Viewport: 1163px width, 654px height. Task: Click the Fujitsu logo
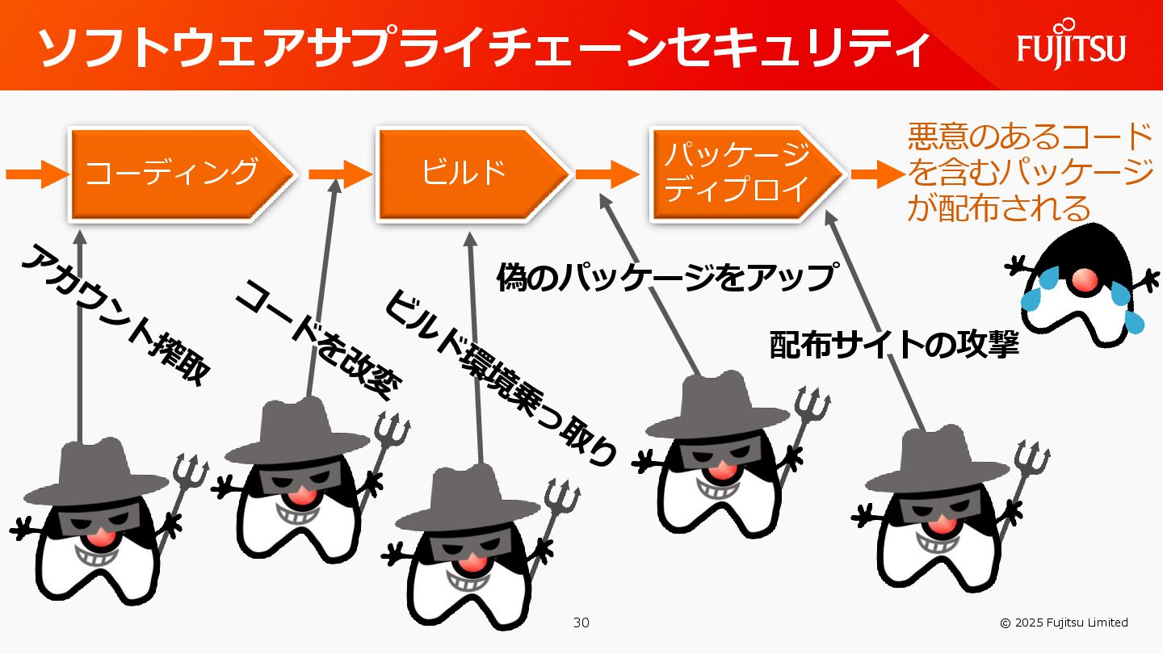[1071, 47]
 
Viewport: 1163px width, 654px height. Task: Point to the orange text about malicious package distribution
[1030, 173]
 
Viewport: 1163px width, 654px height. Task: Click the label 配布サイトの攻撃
[893, 346]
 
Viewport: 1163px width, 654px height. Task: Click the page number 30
[581, 623]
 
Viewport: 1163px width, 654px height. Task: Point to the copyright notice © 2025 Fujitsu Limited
[1064, 623]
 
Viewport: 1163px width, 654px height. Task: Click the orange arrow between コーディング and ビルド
[339, 173]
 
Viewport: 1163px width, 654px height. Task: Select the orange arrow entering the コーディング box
[36, 173]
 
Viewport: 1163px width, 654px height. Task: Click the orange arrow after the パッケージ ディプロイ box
[877, 173]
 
